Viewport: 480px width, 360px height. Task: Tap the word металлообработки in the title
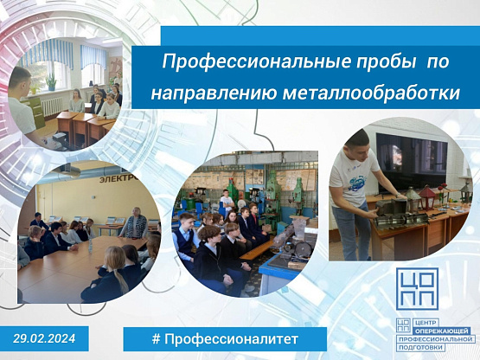click(x=371, y=93)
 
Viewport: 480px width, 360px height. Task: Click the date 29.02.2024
click(x=44, y=338)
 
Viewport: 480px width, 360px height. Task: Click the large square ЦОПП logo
click(x=418, y=289)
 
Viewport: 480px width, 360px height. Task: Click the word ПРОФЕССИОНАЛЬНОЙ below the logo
click(x=436, y=339)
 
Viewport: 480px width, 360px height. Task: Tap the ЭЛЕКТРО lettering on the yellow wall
click(x=118, y=179)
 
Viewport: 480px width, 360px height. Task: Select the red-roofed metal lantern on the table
click(x=427, y=197)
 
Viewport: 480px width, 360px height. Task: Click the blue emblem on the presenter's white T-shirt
click(x=357, y=182)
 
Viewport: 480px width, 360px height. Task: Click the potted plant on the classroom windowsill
click(x=51, y=81)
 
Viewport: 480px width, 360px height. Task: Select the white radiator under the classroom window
click(x=51, y=106)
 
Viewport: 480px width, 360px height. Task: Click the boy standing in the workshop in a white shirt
click(x=227, y=202)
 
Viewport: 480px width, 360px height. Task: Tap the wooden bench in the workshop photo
click(x=257, y=250)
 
